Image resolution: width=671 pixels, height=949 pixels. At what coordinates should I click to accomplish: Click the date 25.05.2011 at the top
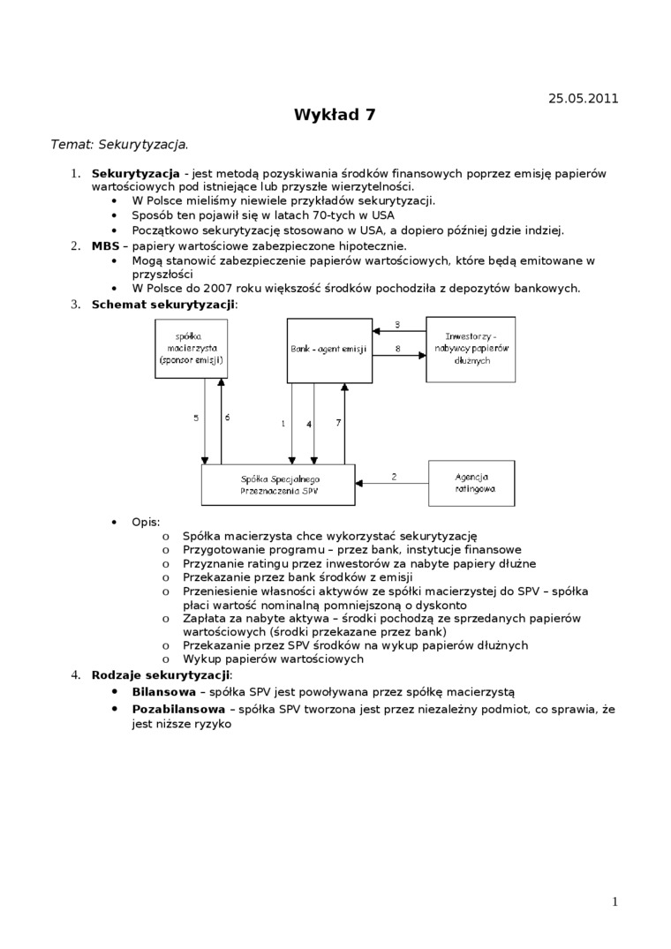pyautogui.click(x=583, y=98)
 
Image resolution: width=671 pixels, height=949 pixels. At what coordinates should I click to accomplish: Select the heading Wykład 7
pyautogui.click(x=335, y=115)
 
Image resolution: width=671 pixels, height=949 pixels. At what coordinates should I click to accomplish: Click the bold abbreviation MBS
pyautogui.click(x=105, y=245)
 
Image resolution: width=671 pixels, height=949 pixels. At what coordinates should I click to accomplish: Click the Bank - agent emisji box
pyautogui.click(x=329, y=350)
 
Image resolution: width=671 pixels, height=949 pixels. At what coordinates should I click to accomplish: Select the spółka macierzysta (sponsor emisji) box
pyautogui.click(x=191, y=349)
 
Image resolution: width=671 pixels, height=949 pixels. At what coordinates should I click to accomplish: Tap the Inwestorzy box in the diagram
pyautogui.click(x=471, y=349)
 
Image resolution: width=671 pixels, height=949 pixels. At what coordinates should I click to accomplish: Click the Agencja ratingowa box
pyautogui.click(x=471, y=482)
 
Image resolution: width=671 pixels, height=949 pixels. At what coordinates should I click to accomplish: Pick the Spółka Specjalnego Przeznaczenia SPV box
pyautogui.click(x=278, y=485)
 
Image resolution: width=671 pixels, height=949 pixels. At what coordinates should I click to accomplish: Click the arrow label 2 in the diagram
pyautogui.click(x=394, y=477)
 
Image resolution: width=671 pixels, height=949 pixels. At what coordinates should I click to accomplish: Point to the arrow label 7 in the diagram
pyautogui.click(x=338, y=424)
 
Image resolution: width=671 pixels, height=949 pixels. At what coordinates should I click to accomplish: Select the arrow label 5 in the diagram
pyautogui.click(x=196, y=418)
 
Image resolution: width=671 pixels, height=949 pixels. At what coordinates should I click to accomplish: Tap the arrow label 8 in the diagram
pyautogui.click(x=397, y=350)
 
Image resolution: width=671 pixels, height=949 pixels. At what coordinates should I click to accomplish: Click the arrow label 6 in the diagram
pyautogui.click(x=227, y=418)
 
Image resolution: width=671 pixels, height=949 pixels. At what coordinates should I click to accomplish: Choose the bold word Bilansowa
pyautogui.click(x=163, y=692)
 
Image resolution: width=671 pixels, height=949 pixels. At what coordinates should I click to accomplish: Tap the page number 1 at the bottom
pyautogui.click(x=614, y=901)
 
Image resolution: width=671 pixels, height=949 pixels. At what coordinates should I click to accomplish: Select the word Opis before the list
pyautogui.click(x=146, y=522)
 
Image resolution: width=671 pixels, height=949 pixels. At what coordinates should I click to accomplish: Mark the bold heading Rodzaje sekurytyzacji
pyautogui.click(x=160, y=675)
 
